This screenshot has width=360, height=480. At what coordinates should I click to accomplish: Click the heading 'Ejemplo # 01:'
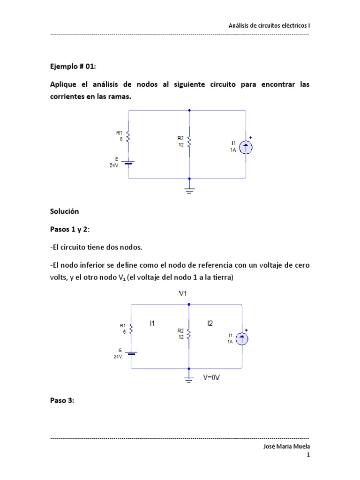(73, 67)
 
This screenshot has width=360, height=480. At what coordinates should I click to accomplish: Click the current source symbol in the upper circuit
(246, 148)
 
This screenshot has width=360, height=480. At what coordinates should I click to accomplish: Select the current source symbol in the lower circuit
(242, 339)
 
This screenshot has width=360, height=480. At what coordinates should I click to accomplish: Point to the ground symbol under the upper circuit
(189, 190)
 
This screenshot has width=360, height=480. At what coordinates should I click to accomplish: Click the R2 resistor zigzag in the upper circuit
(189, 141)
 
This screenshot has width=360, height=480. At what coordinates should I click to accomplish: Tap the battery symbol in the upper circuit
(129, 163)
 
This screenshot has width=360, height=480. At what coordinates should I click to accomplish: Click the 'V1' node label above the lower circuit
(184, 293)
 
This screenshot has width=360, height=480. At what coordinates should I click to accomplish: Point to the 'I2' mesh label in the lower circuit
(210, 323)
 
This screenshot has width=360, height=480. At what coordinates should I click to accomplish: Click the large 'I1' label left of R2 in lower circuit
(152, 323)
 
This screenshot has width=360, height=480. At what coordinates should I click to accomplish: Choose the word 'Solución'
(65, 211)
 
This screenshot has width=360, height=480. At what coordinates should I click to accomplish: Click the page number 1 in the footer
(308, 455)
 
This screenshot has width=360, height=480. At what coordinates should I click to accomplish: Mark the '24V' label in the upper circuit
(114, 165)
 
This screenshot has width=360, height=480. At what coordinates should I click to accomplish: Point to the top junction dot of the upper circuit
(189, 111)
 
